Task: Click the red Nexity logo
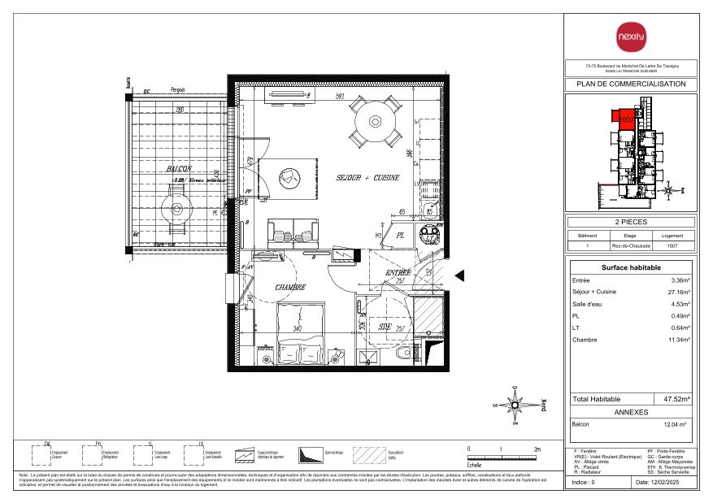coord(631,36)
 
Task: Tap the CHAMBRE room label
coord(289,288)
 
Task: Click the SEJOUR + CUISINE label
coord(367,177)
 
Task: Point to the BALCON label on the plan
coord(179,169)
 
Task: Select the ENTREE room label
coord(398,273)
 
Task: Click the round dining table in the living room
coord(375,122)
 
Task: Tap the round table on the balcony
coord(176,209)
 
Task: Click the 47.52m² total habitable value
coord(676,400)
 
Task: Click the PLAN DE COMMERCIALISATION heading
coord(631,85)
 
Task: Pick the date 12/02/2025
coord(664,483)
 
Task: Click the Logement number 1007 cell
coord(672,245)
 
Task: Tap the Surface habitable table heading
coord(631,267)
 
